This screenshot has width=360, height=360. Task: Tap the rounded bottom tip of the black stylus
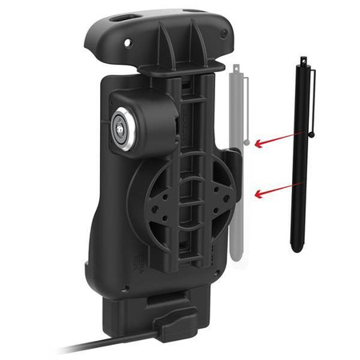click(296, 248)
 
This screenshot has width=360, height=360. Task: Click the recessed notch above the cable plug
click(177, 300)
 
